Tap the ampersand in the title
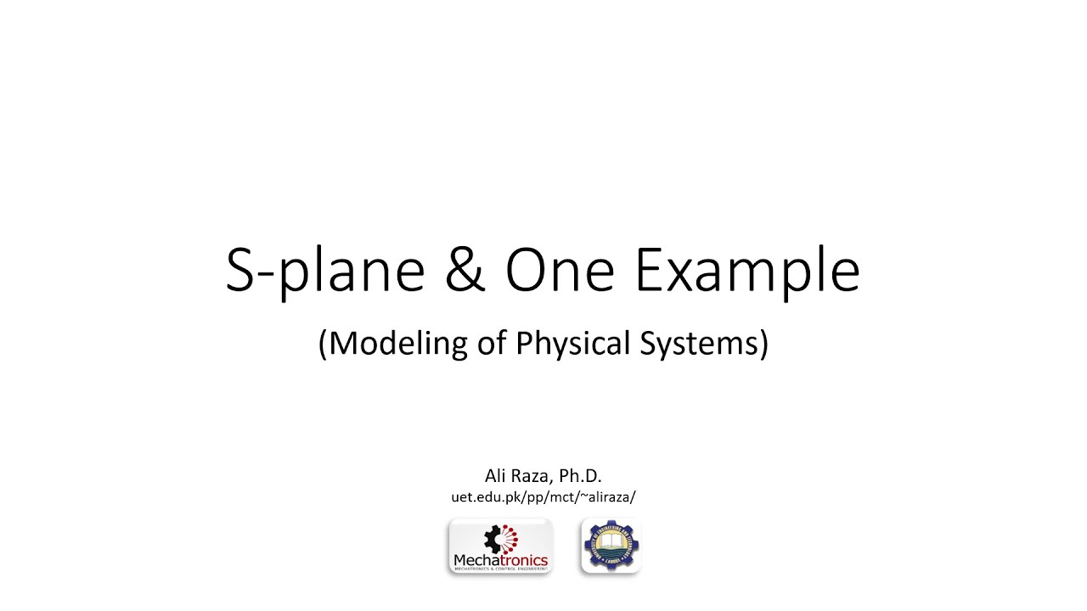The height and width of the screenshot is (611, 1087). [465, 272]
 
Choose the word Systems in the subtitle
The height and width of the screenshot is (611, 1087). [709, 343]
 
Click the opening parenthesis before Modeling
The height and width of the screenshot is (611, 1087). [323, 343]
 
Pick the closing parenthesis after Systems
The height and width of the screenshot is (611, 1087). [763, 343]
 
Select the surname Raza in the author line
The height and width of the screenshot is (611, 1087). [533, 476]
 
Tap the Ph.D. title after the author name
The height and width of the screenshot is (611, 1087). [581, 476]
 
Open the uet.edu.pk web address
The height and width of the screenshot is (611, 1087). [543, 497]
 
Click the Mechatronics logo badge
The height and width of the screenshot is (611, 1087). [501, 547]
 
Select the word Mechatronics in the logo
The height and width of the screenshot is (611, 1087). [501, 560]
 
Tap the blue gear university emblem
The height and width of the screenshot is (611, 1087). [611, 546]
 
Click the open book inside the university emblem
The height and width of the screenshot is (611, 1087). [611, 541]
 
